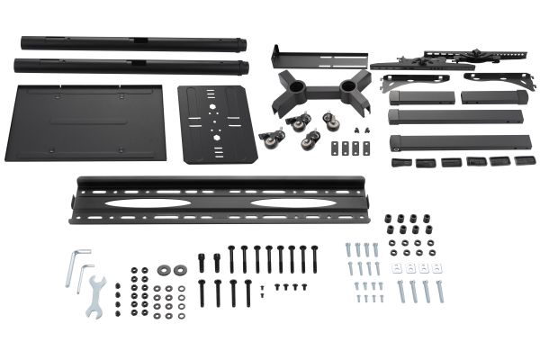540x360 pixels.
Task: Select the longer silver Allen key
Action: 76,265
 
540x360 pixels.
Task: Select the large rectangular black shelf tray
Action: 85,121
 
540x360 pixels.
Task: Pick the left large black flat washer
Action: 165,270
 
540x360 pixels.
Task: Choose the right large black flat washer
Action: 181,270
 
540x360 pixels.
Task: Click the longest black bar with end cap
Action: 457,142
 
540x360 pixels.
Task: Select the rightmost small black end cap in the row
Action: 521,162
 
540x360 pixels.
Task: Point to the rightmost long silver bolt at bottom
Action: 440,291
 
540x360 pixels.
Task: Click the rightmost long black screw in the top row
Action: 314,258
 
